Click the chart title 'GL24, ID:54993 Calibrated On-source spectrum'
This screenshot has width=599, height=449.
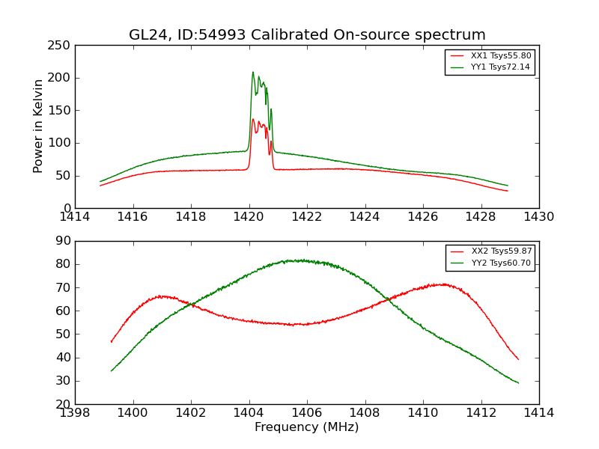coord(307,35)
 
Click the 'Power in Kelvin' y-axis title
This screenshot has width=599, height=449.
coord(39,126)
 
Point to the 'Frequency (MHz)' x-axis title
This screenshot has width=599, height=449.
coord(307,427)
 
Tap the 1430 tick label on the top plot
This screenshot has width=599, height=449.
coord(539,217)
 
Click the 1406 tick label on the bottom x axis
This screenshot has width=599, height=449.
coord(307,413)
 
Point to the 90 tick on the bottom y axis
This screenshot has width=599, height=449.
coord(63,241)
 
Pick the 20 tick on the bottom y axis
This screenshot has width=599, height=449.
coord(63,404)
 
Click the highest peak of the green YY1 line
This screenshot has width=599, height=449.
coord(253,73)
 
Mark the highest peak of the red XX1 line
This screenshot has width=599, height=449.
coord(253,119)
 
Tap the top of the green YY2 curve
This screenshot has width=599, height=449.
coord(299,260)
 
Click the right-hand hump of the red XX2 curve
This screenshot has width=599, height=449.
coord(443,284)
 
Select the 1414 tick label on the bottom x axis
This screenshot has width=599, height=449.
coord(539,413)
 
